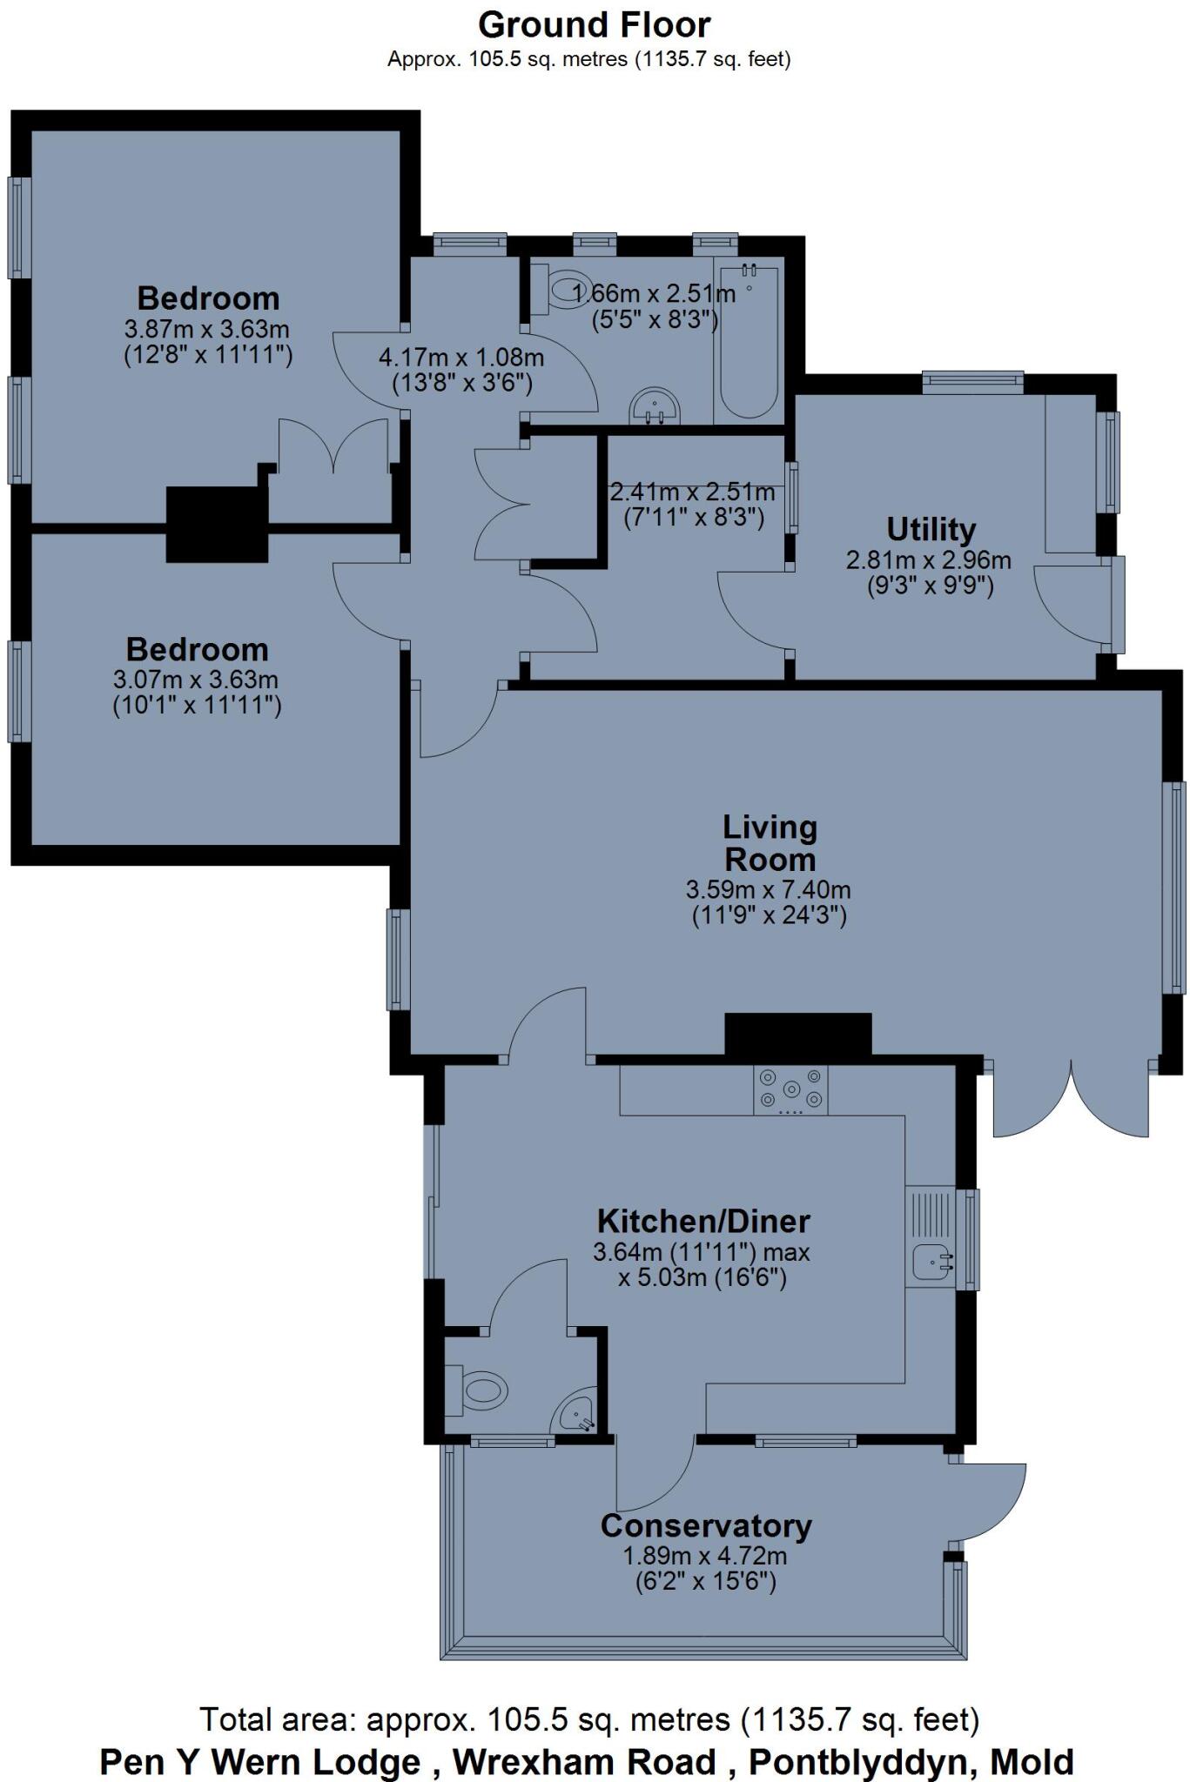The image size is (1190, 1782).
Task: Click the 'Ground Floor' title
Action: pos(595,25)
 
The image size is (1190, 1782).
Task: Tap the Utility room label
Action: pos(931,529)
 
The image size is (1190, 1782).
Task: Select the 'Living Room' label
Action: pos(770,842)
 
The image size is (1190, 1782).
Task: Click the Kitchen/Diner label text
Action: pos(703,1221)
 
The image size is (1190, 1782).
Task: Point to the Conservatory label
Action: pos(706,1525)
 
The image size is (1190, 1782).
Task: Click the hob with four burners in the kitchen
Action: pos(790,1089)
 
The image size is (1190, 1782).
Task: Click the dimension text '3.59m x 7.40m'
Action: pos(768,889)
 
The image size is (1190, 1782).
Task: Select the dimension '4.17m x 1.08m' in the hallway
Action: pos(461,357)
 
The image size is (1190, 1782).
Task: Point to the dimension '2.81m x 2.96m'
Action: pos(928,559)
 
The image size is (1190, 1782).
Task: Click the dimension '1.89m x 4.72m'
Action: pos(704,1555)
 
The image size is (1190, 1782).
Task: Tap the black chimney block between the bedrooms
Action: pos(216,523)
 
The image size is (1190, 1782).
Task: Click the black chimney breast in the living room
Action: pos(797,1035)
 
